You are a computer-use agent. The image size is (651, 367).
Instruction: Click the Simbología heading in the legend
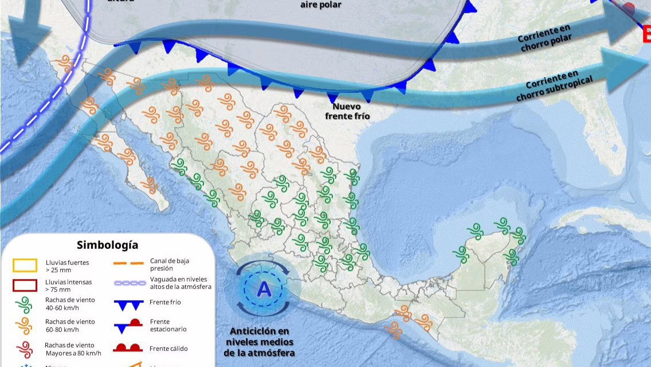(107, 245)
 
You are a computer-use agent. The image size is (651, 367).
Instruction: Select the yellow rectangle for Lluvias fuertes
(25, 265)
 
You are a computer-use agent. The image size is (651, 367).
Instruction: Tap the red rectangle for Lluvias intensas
(25, 285)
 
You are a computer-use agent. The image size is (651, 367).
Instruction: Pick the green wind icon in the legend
(25, 304)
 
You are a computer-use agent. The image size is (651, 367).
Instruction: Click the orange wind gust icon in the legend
(25, 326)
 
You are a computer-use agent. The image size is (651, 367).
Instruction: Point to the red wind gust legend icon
(25, 348)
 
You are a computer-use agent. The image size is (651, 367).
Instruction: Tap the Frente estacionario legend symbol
(128, 325)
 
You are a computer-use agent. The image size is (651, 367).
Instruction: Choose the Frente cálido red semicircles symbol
(128, 348)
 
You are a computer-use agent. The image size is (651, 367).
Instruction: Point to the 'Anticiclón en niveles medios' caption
(260, 342)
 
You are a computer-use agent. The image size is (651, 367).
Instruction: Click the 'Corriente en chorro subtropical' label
(554, 85)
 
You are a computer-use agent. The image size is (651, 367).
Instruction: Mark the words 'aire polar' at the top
(321, 5)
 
